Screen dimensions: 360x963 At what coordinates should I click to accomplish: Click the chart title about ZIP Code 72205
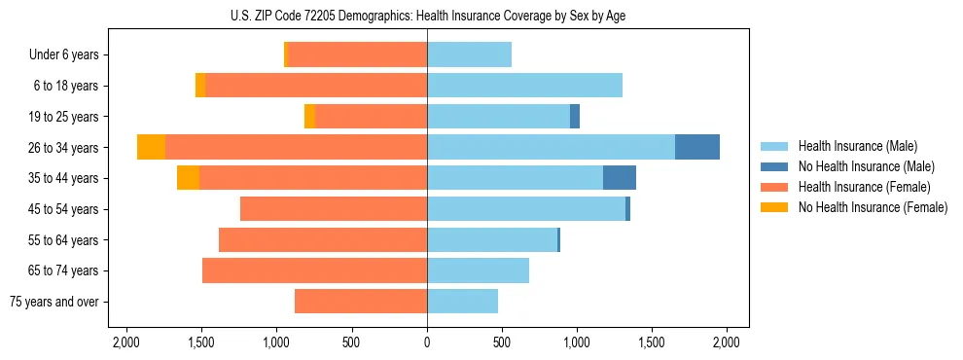[x=428, y=16]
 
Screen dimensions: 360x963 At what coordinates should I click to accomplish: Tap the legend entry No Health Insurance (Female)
[x=872, y=207]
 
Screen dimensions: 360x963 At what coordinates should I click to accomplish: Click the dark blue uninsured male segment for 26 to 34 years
[x=697, y=147]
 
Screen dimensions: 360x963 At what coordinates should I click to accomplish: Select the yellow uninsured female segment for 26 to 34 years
[x=151, y=147]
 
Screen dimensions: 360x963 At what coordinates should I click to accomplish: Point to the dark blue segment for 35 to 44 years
[x=620, y=178]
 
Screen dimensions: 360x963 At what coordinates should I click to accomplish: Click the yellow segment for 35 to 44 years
[x=188, y=178]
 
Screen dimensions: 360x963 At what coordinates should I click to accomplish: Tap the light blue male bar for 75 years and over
[x=462, y=302]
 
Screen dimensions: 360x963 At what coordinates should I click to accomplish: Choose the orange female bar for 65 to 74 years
[x=314, y=270]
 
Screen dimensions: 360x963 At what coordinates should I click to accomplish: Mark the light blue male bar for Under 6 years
[x=469, y=54]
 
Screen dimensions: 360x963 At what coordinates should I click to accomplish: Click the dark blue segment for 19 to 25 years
[x=575, y=117]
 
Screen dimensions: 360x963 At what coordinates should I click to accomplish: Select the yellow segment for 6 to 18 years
[x=200, y=86]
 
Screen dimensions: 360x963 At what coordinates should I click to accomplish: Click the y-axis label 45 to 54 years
[x=64, y=209]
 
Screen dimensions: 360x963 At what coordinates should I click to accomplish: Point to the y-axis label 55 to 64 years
[x=64, y=240]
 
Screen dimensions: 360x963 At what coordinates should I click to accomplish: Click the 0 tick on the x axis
[x=427, y=342]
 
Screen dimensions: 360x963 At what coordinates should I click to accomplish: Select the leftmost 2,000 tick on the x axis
[x=126, y=342]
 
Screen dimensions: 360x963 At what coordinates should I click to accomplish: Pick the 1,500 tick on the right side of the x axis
[x=652, y=342]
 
